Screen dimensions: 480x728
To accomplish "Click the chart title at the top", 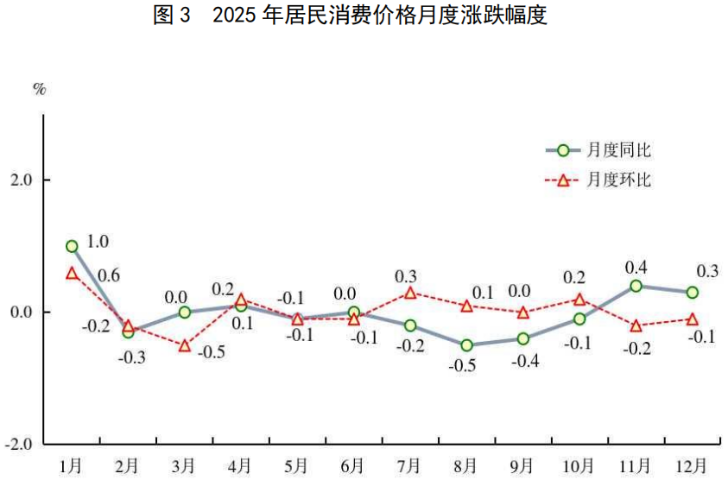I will [x=351, y=16].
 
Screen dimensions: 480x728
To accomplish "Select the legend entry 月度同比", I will [x=618, y=150].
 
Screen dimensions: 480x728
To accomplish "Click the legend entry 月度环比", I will [x=618, y=180].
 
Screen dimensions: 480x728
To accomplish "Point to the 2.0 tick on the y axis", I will [x=20, y=180].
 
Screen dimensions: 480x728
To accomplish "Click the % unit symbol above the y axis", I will [x=39, y=89].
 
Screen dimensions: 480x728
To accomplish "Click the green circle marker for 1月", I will [x=72, y=246].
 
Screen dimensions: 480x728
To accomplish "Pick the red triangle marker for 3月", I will [x=185, y=345].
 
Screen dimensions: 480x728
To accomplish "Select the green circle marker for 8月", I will [x=466, y=345].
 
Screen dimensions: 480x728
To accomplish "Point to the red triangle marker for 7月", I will [x=410, y=293].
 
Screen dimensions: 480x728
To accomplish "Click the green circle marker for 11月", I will [x=636, y=286].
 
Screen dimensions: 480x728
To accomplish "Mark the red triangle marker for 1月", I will [x=72, y=273].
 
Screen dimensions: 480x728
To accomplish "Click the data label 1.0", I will [x=98, y=241].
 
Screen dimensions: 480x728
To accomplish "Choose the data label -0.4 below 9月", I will [x=522, y=360].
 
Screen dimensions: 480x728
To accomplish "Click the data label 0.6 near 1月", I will [x=109, y=276].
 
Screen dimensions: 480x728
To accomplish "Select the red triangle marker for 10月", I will [x=579, y=300].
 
